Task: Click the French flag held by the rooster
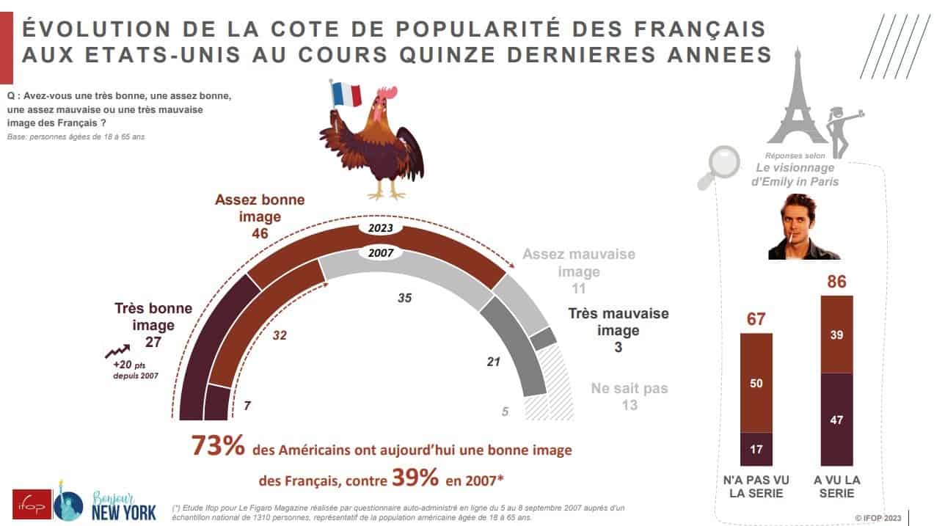tap(347, 95)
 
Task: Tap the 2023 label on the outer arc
tap(382, 228)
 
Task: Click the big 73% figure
tap(217, 447)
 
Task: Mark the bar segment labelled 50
tap(756, 383)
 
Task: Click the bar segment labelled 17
tap(756, 449)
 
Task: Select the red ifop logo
tap(32, 504)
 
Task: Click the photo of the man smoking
tap(803, 227)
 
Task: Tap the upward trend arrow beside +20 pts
tap(119, 351)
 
